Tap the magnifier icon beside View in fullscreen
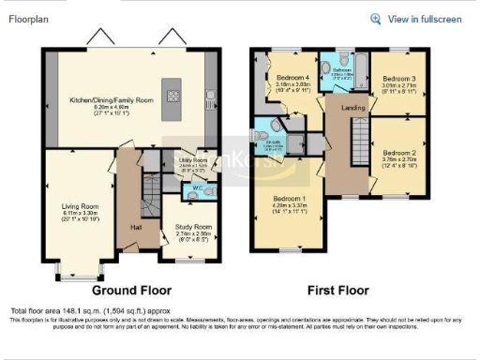376,18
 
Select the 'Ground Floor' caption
122,291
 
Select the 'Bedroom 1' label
287,200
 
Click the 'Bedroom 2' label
400,151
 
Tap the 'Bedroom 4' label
293,78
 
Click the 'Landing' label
352,108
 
